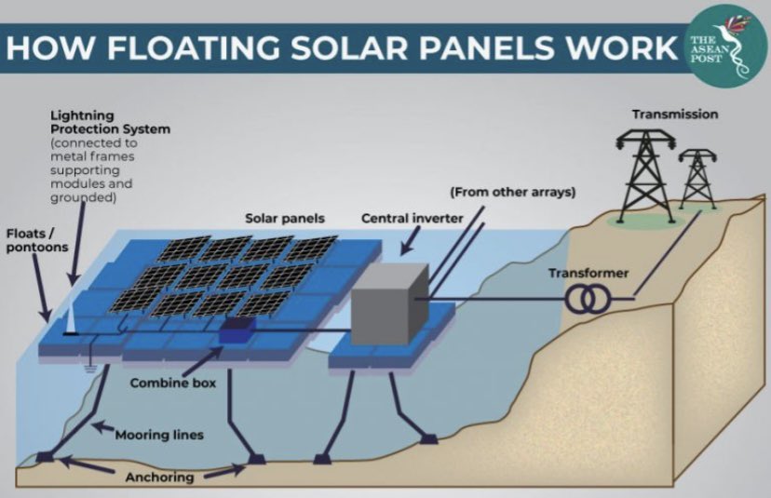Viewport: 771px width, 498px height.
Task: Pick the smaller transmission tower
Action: coord(697,179)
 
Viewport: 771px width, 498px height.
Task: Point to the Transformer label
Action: coord(588,273)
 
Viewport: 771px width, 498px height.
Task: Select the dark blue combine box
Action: coord(239,329)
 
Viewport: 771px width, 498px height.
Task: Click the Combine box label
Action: coord(168,382)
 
